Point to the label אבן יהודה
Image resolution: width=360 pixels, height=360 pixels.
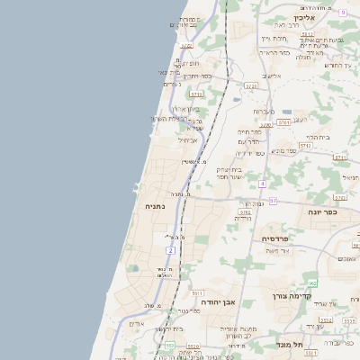point(215,303)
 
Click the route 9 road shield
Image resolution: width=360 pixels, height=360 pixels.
point(343,12)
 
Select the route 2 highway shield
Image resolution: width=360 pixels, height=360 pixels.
point(170,249)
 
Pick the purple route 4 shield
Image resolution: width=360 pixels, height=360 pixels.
point(262,184)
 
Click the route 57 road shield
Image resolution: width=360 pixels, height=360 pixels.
point(273,201)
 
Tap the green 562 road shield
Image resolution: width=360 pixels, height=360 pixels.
point(312,283)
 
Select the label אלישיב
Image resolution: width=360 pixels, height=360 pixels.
point(270,76)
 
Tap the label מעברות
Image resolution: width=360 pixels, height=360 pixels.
point(263,112)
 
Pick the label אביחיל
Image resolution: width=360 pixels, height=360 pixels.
point(187,139)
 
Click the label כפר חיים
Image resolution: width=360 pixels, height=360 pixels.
point(248,132)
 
